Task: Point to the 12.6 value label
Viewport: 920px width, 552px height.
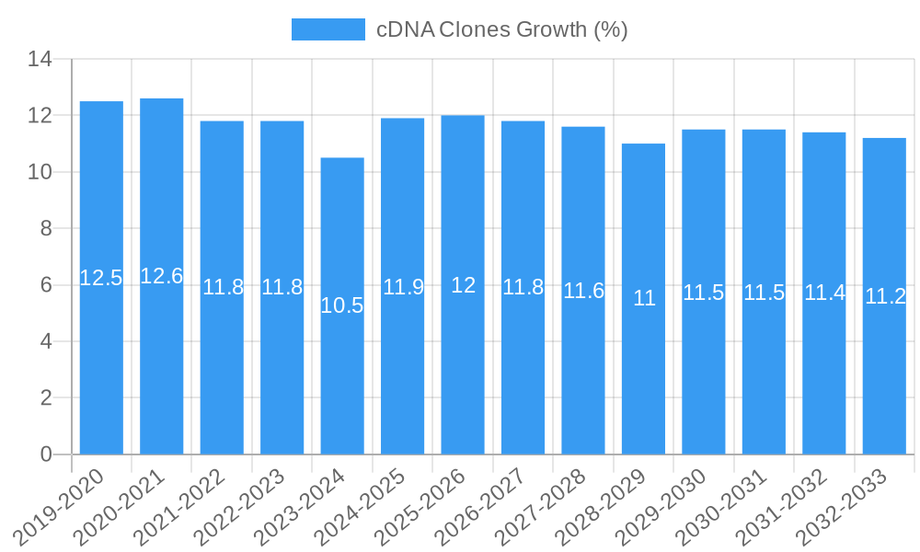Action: (x=161, y=276)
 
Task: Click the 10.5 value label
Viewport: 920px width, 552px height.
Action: (x=342, y=306)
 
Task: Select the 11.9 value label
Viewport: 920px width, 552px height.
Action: (x=403, y=287)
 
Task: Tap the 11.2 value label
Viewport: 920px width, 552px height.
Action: (x=885, y=296)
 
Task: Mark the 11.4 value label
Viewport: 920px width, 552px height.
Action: (x=824, y=293)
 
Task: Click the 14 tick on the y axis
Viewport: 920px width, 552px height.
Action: (x=40, y=60)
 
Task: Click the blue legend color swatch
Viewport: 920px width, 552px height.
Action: (x=328, y=29)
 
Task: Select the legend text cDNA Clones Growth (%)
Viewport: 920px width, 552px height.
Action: (x=502, y=29)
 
